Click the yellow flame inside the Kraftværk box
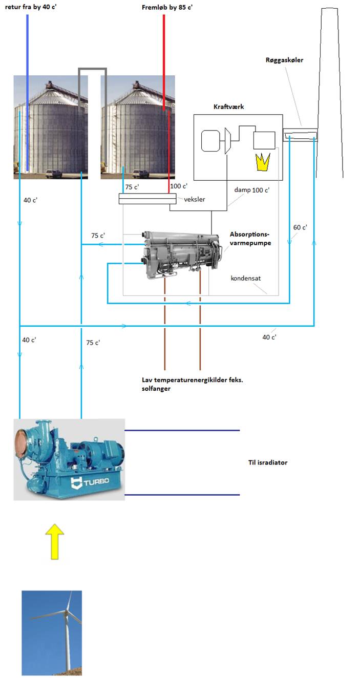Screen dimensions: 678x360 (262, 162)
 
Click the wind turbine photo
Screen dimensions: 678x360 (52, 633)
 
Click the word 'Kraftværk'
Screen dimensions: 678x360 (228, 107)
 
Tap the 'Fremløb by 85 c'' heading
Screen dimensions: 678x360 (167, 7)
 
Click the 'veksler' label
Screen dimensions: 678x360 (195, 199)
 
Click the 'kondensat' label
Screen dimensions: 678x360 (246, 279)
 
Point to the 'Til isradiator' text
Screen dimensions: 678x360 (267, 462)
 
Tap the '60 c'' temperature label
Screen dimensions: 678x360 (300, 227)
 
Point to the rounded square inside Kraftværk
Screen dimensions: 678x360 (210, 141)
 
